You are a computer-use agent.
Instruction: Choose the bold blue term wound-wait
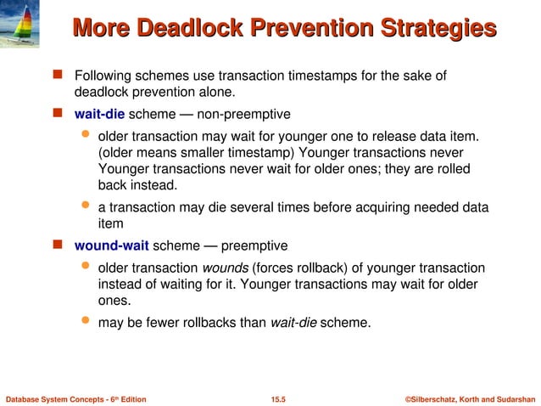[x=112, y=245]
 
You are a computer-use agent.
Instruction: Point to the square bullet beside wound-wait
[x=59, y=245]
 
